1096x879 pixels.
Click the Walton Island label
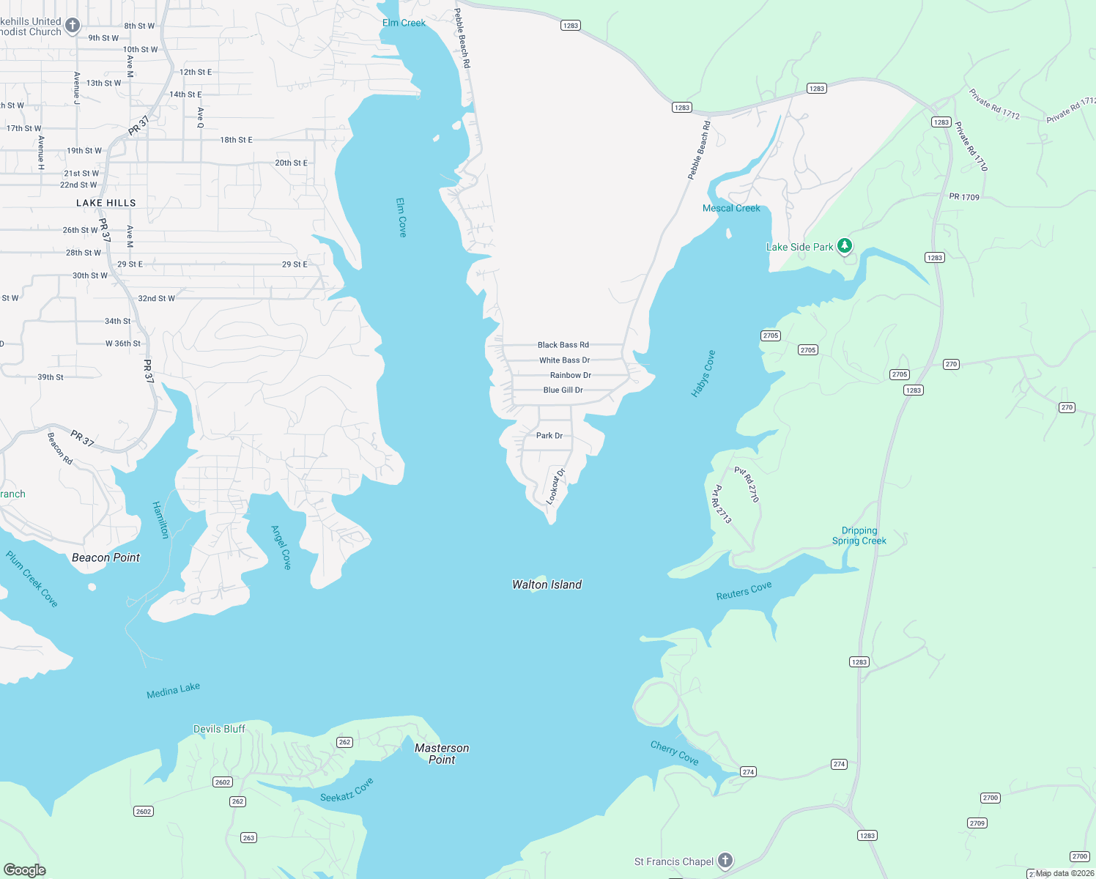point(547,585)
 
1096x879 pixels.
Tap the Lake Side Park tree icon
point(845,246)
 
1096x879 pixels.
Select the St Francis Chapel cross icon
point(725,861)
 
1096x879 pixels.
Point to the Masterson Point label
point(442,754)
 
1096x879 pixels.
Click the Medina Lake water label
point(173,690)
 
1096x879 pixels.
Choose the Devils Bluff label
point(219,729)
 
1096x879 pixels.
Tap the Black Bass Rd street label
point(563,345)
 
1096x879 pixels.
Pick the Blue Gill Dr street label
point(563,390)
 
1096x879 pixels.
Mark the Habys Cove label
point(703,374)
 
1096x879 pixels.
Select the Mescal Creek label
point(731,208)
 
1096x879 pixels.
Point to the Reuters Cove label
point(744,591)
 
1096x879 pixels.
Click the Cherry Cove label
point(675,753)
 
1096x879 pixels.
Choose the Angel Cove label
point(281,547)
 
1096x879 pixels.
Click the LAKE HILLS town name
point(106,203)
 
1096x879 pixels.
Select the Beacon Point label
point(105,557)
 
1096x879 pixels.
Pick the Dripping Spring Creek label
point(859,535)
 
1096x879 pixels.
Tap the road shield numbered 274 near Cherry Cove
point(748,771)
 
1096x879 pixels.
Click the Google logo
point(25,869)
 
